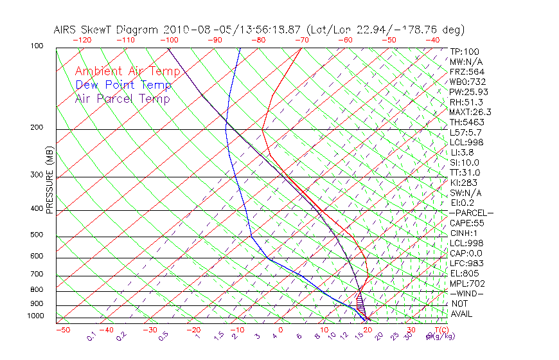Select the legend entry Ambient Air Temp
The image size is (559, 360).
pos(127,71)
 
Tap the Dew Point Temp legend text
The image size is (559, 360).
pos(123,85)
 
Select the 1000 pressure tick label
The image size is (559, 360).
pos(36,316)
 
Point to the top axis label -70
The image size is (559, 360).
pos(301,40)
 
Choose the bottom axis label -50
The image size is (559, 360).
pos(62,330)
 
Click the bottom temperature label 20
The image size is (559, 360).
pos(368,330)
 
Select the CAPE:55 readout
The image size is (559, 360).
pos(466,223)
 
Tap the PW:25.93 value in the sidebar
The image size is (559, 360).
pos(468,92)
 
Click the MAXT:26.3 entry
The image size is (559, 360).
pos(469,112)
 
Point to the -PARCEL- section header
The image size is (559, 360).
pos(471,213)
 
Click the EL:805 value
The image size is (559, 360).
pos(464,273)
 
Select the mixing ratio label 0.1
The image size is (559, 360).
pos(91,336)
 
